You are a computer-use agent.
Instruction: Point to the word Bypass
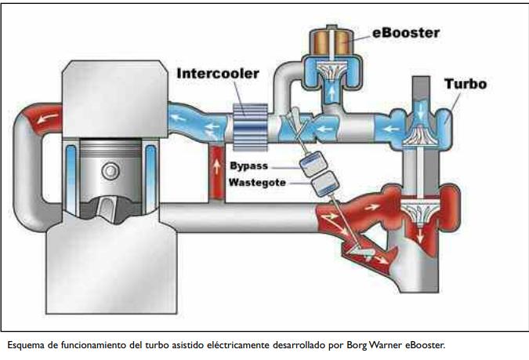click(x=249, y=165)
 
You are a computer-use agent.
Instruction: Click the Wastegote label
click(x=255, y=183)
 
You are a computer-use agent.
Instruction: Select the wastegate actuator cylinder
click(x=322, y=185)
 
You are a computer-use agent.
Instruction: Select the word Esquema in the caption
click(x=24, y=344)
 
